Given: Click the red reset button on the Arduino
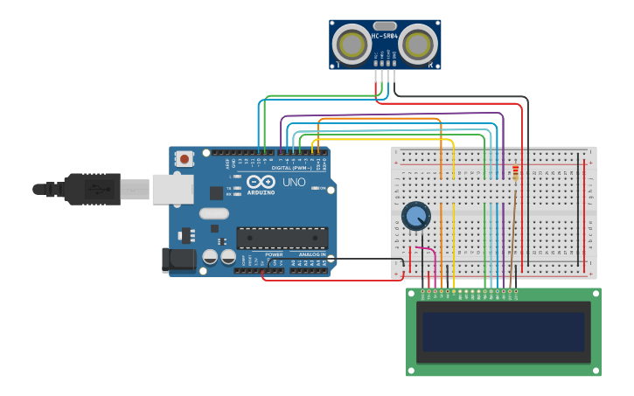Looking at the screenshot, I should [x=184, y=159].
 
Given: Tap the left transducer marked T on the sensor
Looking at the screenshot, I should [x=352, y=44].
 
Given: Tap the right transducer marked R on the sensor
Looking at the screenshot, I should [x=418, y=44].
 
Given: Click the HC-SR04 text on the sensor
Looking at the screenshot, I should [x=385, y=36].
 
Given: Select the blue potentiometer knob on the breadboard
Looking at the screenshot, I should [x=416, y=216].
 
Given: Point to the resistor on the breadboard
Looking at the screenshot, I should [x=515, y=172].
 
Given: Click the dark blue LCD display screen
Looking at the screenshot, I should [x=503, y=331].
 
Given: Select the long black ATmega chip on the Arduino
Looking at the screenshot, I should [x=282, y=237].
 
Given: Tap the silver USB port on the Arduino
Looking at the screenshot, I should [x=172, y=189].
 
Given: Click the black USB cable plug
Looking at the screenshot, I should [x=92, y=189].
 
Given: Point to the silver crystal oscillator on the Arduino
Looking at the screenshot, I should [x=213, y=213].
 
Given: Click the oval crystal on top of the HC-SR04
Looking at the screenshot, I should [x=385, y=26].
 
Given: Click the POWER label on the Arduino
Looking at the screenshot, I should [x=274, y=254].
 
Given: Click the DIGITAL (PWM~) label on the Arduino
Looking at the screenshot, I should [x=289, y=168].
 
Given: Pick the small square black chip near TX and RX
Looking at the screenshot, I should [x=216, y=193].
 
